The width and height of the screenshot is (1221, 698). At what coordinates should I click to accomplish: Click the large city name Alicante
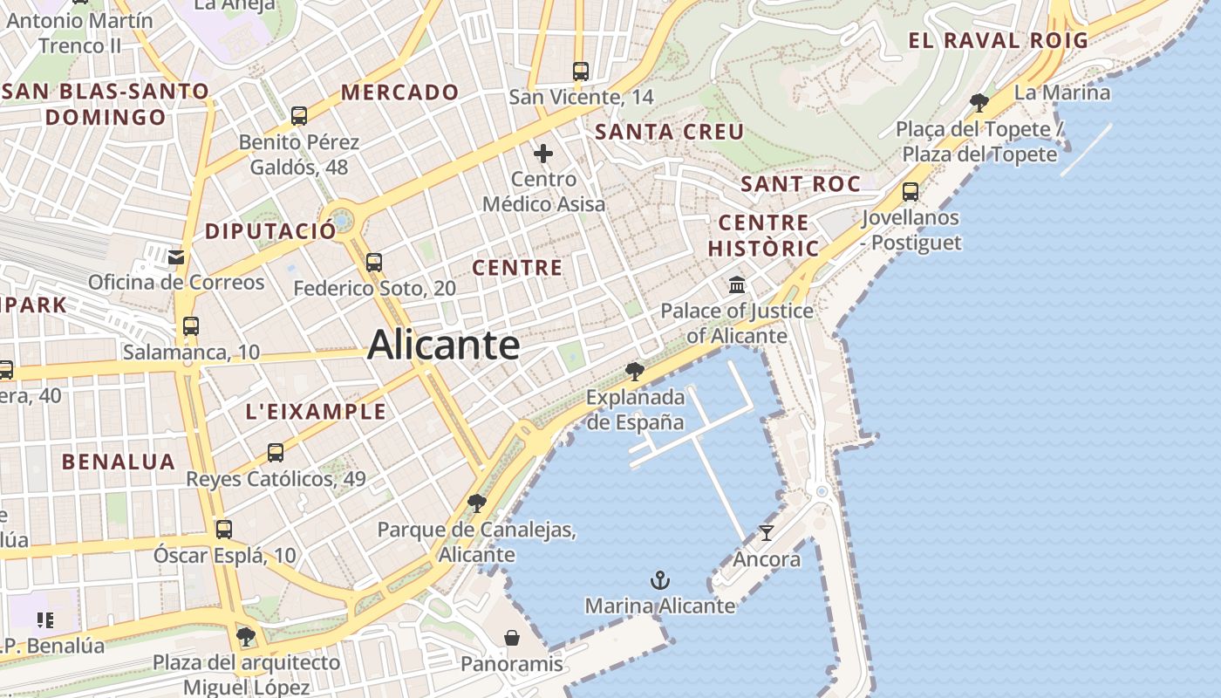tap(444, 345)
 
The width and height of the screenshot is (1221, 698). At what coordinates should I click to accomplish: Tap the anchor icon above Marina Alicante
tap(660, 580)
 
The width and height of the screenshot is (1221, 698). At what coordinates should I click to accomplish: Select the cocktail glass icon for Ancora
tap(767, 532)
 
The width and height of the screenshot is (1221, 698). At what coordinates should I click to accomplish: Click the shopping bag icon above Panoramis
tap(512, 638)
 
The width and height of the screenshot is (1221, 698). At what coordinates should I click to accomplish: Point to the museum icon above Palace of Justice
tap(737, 284)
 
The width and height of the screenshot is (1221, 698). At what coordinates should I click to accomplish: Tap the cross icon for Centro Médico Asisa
tap(543, 154)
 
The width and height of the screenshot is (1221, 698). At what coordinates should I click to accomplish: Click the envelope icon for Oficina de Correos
tap(176, 257)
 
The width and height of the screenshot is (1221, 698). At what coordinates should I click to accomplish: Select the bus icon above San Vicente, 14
tap(581, 71)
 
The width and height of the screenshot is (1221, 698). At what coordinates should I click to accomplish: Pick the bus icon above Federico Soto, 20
tap(374, 262)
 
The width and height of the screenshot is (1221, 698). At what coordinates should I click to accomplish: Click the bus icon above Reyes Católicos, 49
tap(276, 453)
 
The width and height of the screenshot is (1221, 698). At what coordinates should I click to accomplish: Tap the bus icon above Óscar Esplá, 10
tap(224, 529)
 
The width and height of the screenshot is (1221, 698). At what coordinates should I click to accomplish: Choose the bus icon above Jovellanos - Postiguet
tap(911, 192)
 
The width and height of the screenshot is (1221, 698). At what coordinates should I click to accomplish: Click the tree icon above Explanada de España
tap(635, 372)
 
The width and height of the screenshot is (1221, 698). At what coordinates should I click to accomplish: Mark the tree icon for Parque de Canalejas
tap(476, 503)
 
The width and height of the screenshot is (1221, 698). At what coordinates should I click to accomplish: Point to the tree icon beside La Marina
tap(979, 102)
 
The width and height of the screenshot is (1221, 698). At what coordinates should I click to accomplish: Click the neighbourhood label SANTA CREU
tap(669, 132)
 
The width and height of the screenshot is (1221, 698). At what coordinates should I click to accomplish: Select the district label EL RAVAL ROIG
tap(999, 40)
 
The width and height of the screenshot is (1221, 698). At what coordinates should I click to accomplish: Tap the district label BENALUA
tap(119, 462)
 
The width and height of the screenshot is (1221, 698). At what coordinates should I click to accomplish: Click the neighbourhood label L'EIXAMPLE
tap(316, 412)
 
